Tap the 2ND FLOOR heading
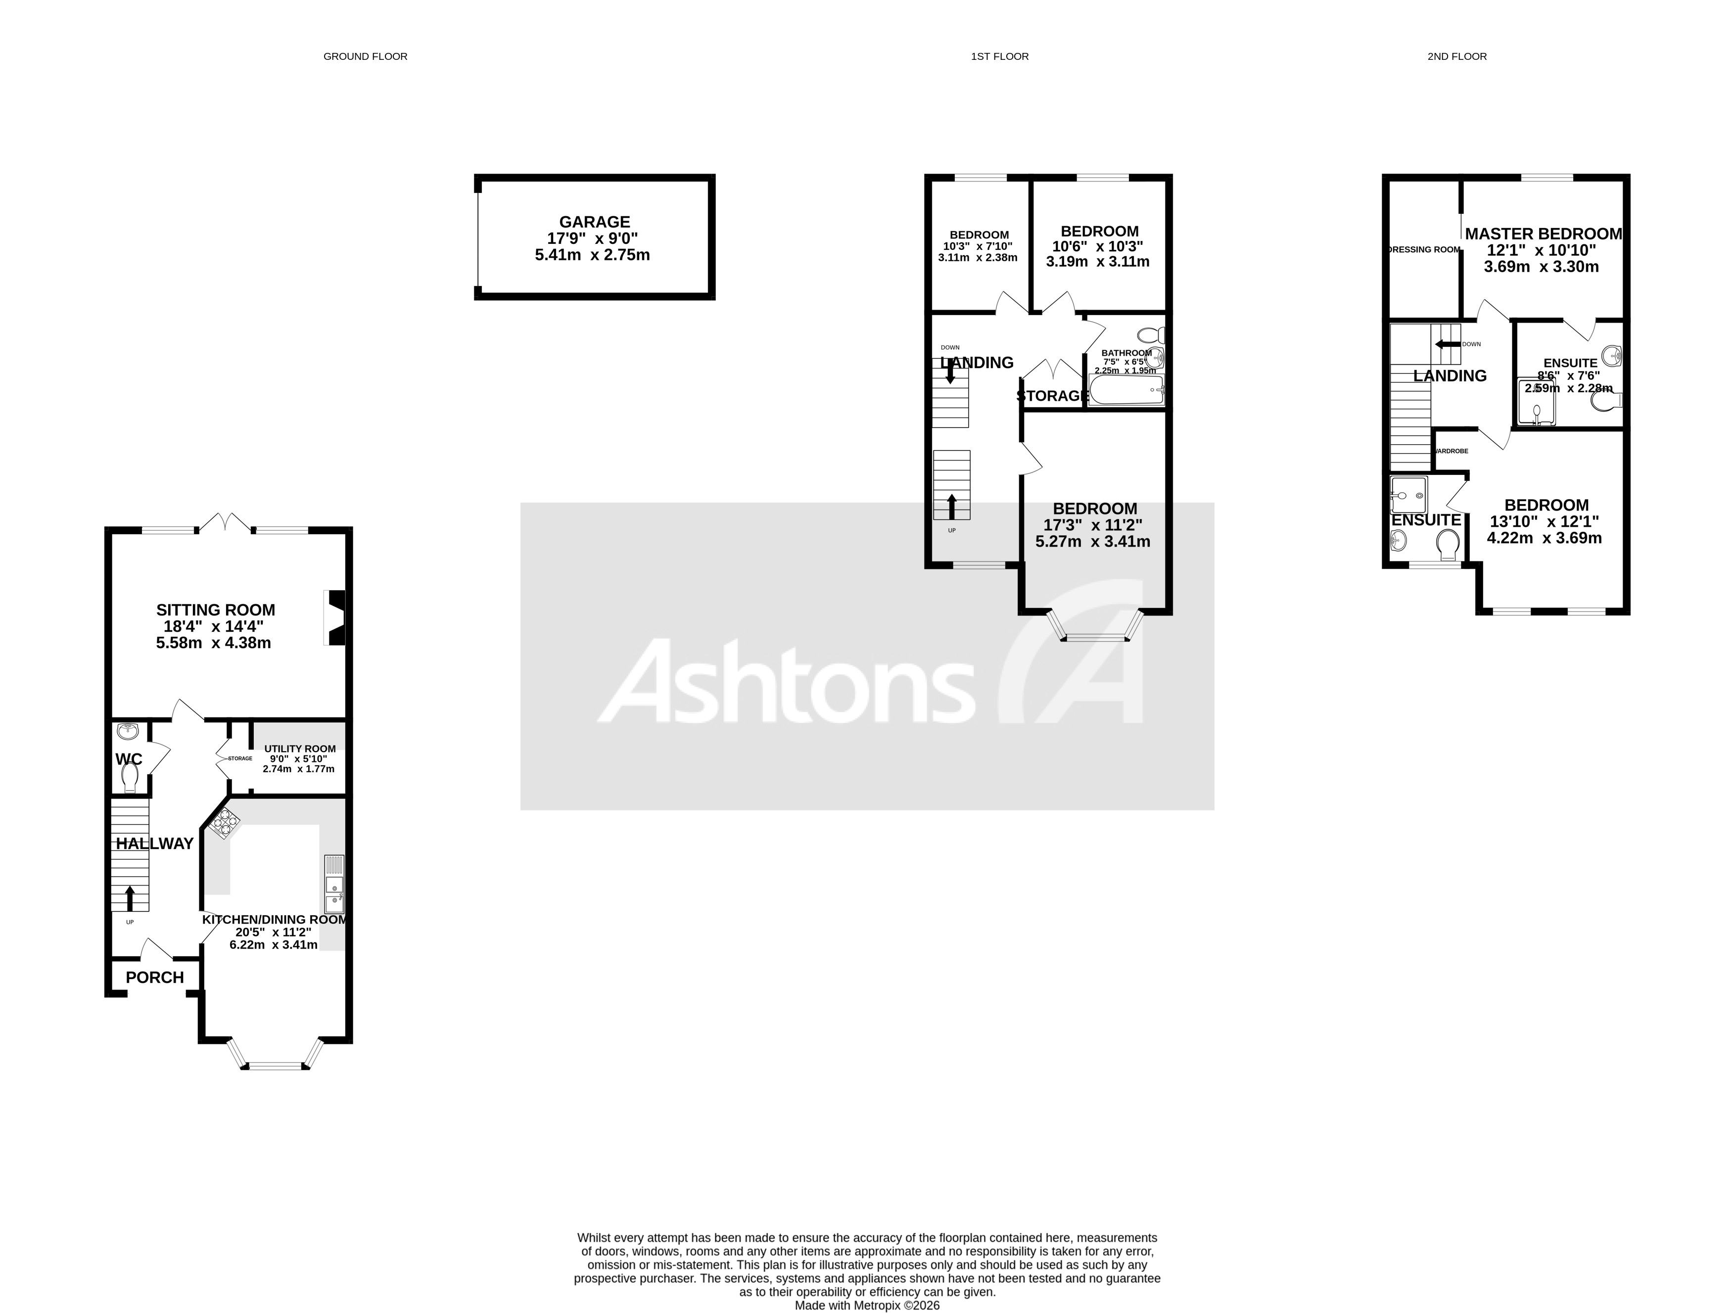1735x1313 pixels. pyautogui.click(x=1456, y=56)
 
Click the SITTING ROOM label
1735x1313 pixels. pyautogui.click(x=216, y=610)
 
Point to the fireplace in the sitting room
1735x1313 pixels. pyautogui.click(x=336, y=617)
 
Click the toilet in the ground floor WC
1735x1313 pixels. pyautogui.click(x=130, y=778)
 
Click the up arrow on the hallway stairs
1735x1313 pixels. pyautogui.click(x=130, y=896)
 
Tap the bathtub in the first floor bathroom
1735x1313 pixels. pyautogui.click(x=1126, y=390)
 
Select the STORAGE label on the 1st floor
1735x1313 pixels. pyautogui.click(x=1053, y=396)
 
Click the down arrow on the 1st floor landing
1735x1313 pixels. pyautogui.click(x=951, y=371)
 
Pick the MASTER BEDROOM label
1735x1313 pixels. pyautogui.click(x=1543, y=234)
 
